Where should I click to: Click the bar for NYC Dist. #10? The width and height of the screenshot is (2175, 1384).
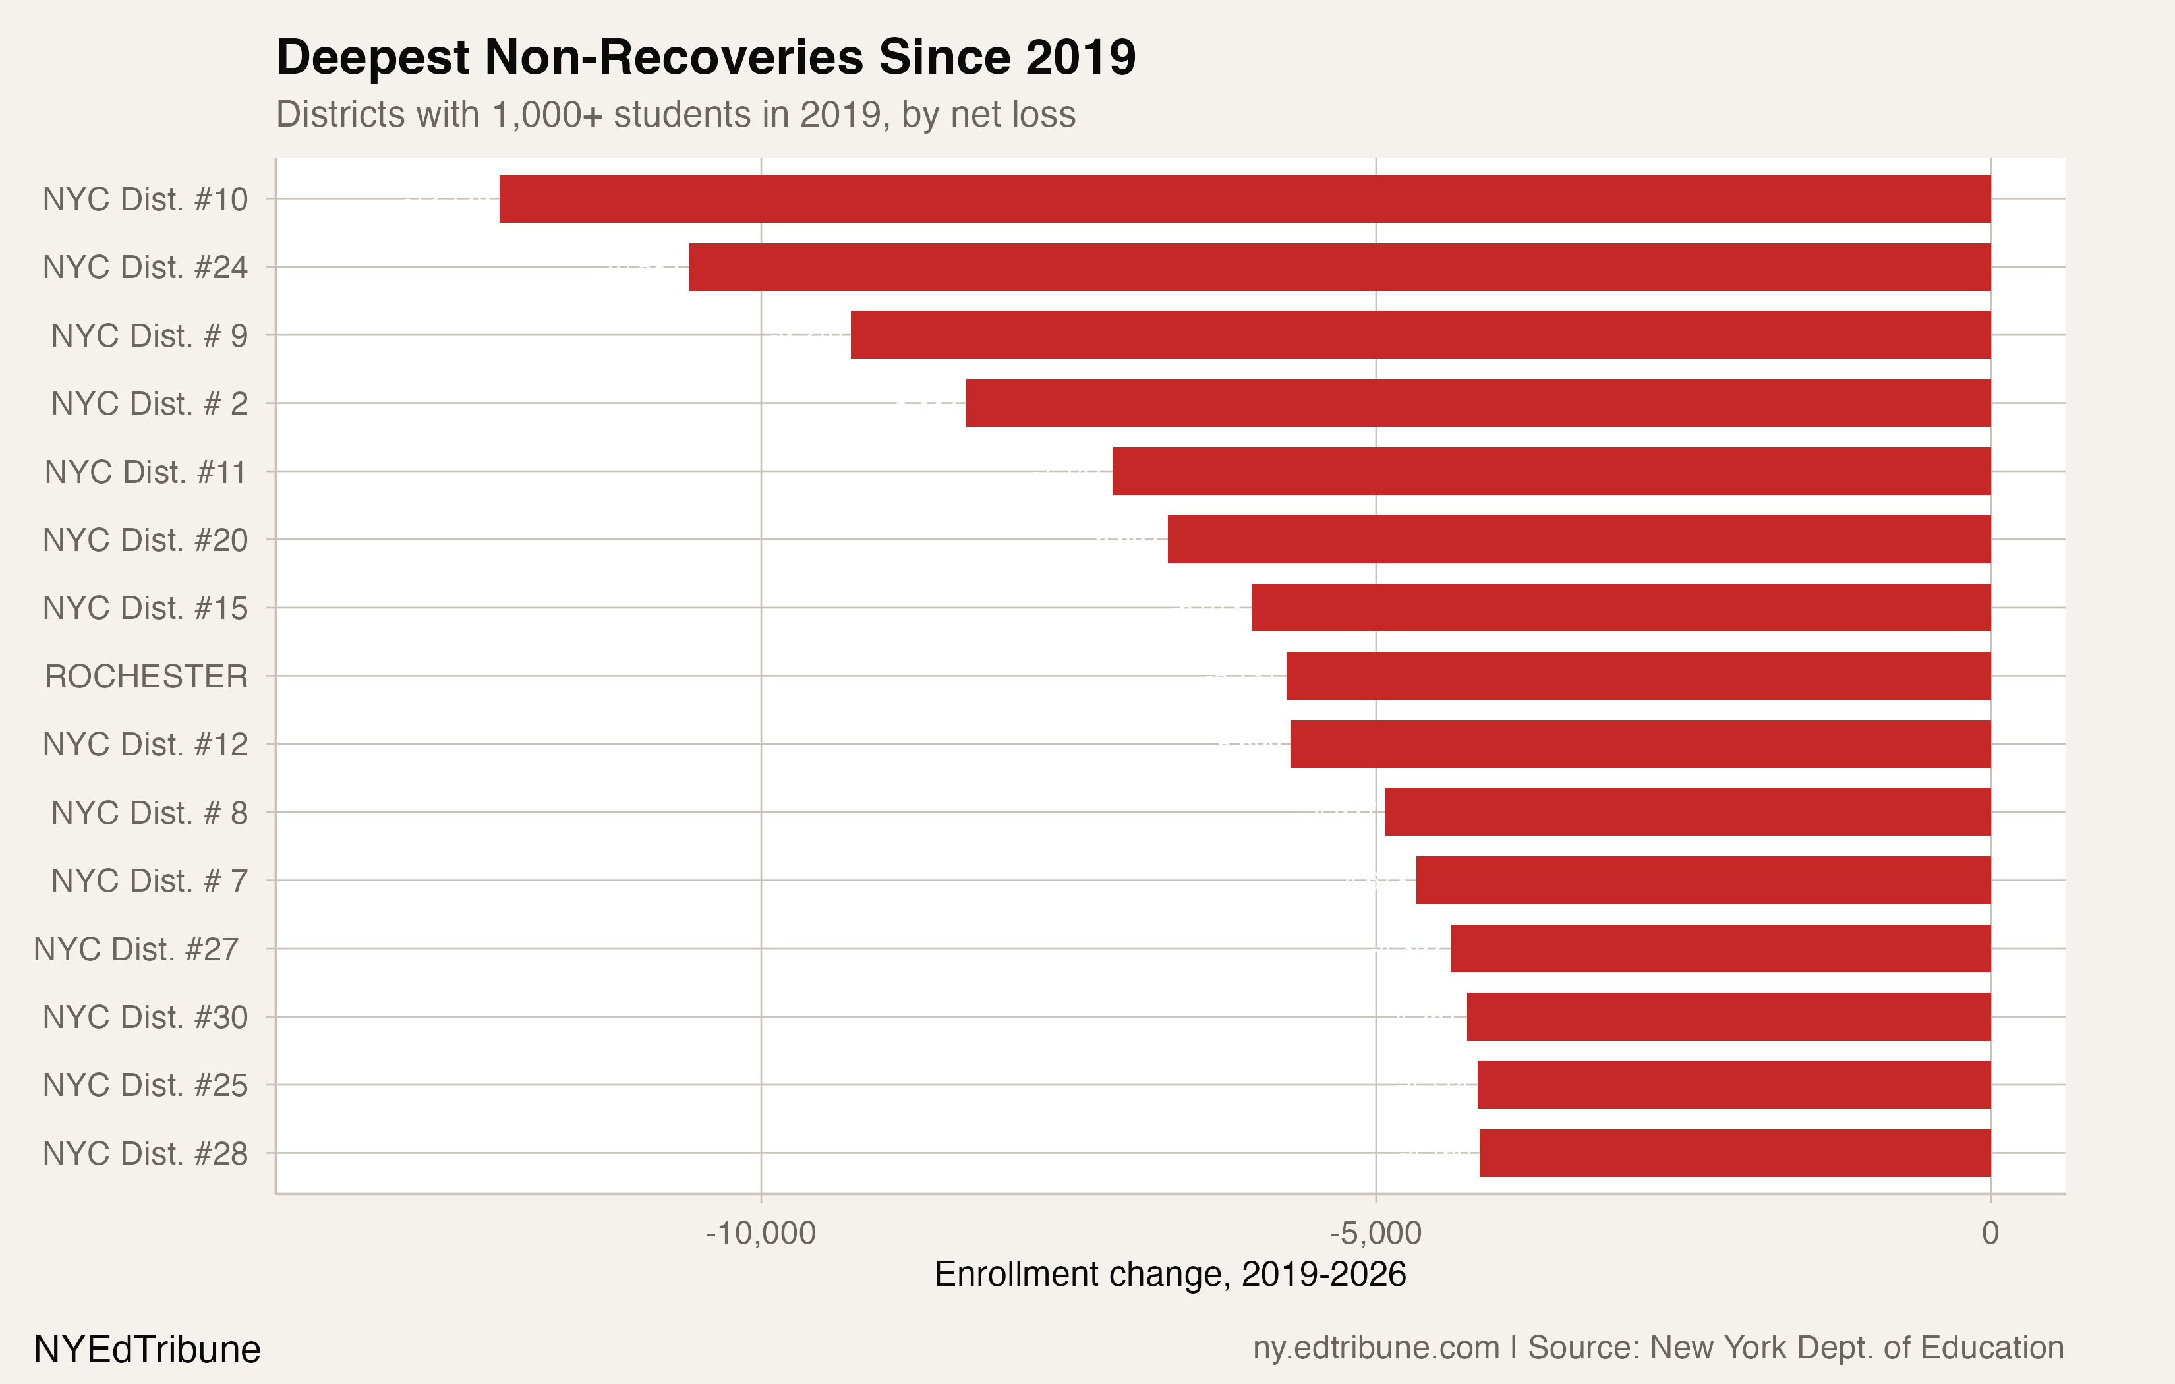(x=1244, y=199)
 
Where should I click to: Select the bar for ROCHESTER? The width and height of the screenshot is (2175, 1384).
(x=1638, y=676)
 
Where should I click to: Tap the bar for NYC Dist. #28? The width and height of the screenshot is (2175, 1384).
(x=1734, y=1153)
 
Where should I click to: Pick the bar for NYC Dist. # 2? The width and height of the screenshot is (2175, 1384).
(x=1478, y=403)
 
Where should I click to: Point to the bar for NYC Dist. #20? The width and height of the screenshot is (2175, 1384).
(x=1579, y=539)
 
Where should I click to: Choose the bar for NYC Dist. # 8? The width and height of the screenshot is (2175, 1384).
(x=1687, y=812)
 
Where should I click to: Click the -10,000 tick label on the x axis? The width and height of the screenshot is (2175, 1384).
(x=761, y=1233)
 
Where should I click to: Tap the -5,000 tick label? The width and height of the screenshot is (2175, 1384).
(x=1375, y=1233)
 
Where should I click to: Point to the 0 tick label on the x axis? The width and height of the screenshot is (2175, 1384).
(x=1990, y=1233)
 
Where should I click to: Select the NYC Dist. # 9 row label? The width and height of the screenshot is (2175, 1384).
(x=149, y=335)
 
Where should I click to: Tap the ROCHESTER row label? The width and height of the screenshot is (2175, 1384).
(x=146, y=676)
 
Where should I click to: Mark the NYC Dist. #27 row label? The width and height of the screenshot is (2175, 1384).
(x=136, y=948)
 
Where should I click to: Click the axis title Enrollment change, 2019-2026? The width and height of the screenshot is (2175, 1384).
(x=1170, y=1275)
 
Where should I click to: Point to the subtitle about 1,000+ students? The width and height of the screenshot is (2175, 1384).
(x=676, y=115)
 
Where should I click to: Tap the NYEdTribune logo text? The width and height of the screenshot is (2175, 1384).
(x=147, y=1350)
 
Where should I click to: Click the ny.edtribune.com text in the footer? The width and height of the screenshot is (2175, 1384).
(x=1375, y=1348)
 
